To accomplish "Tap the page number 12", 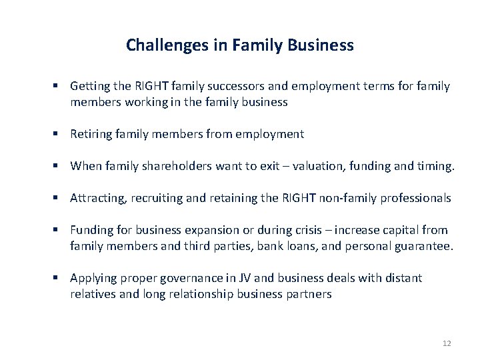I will click(446, 343).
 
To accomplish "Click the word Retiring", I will click(91, 134).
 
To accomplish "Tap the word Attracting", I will click(96, 198).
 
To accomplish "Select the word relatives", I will click(93, 294).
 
